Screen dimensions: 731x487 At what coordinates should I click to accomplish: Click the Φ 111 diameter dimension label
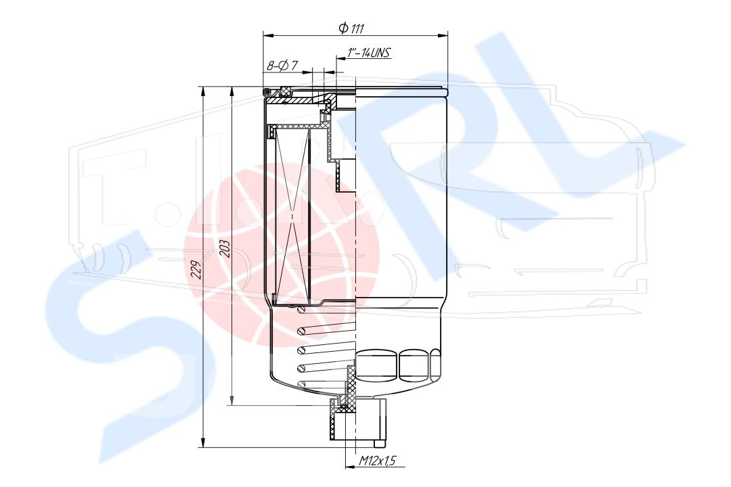pos(351,29)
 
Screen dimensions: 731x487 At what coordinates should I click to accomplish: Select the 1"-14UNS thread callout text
pos(368,53)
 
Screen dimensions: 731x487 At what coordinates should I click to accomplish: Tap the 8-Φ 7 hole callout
pos(282,66)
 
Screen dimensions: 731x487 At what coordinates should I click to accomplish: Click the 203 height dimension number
pos(224,249)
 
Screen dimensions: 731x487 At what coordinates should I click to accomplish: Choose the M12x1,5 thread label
pos(377,461)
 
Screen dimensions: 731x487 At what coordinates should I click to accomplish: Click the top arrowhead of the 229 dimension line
pos(203,92)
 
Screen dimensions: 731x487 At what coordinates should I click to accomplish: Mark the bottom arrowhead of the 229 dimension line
pos(203,442)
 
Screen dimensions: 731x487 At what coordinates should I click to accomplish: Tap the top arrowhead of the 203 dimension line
pos(231,92)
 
